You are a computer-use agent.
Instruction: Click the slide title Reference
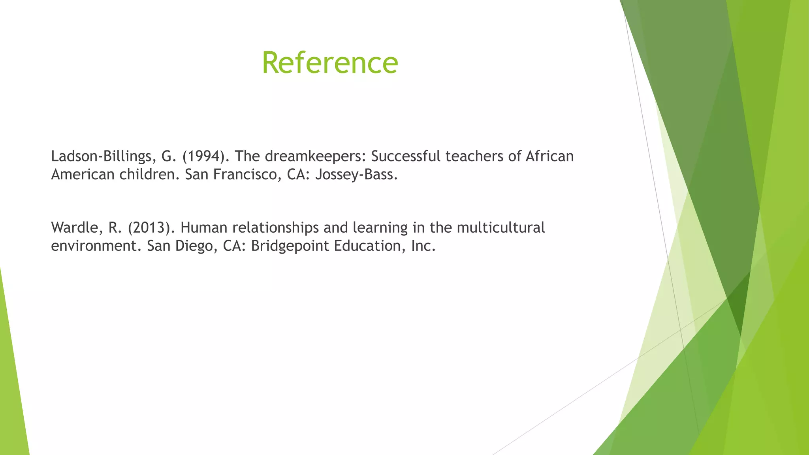(x=330, y=63)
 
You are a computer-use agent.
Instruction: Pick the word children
(x=149, y=175)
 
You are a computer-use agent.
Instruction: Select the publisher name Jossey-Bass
(x=356, y=175)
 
